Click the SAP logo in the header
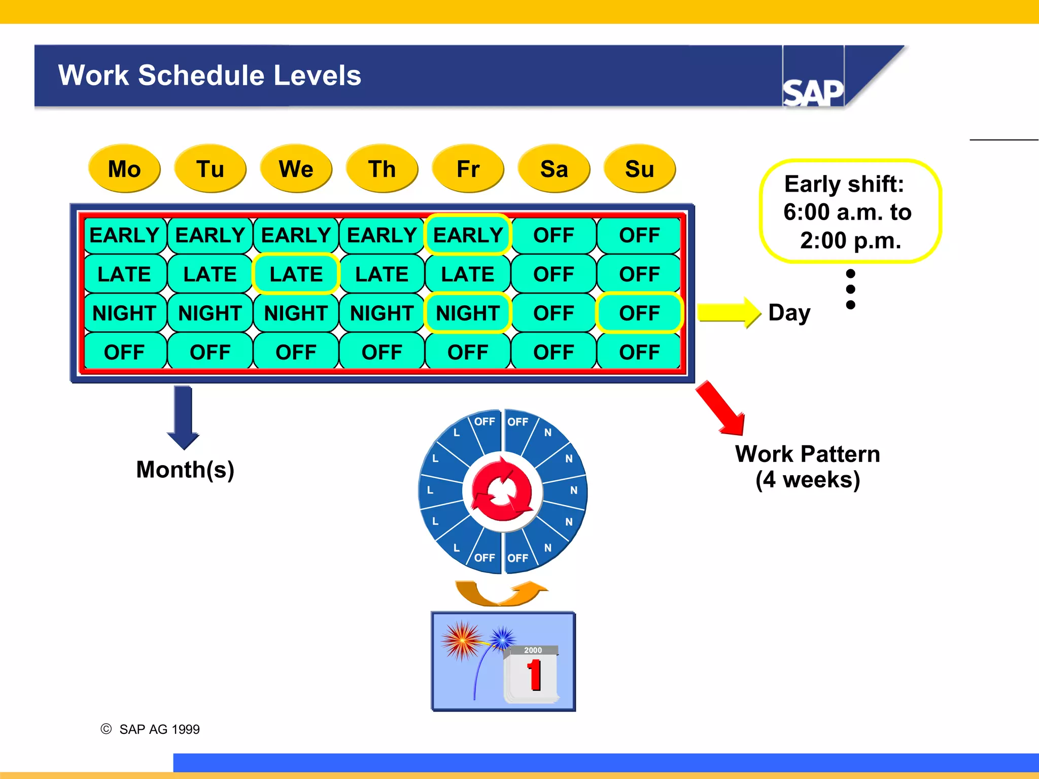tap(813, 93)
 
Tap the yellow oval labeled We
tap(296, 169)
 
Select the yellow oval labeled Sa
tap(553, 169)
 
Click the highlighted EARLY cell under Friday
tap(468, 235)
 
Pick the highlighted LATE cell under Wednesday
tap(296, 274)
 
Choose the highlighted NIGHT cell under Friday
tap(468, 313)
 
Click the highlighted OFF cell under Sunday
tap(639, 313)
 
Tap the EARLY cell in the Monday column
tap(124, 235)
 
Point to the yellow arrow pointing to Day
tap(729, 312)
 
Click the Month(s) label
tap(185, 470)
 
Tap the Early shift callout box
tap(850, 211)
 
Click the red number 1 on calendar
tap(534, 675)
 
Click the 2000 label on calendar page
tap(533, 650)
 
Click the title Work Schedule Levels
tap(210, 76)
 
